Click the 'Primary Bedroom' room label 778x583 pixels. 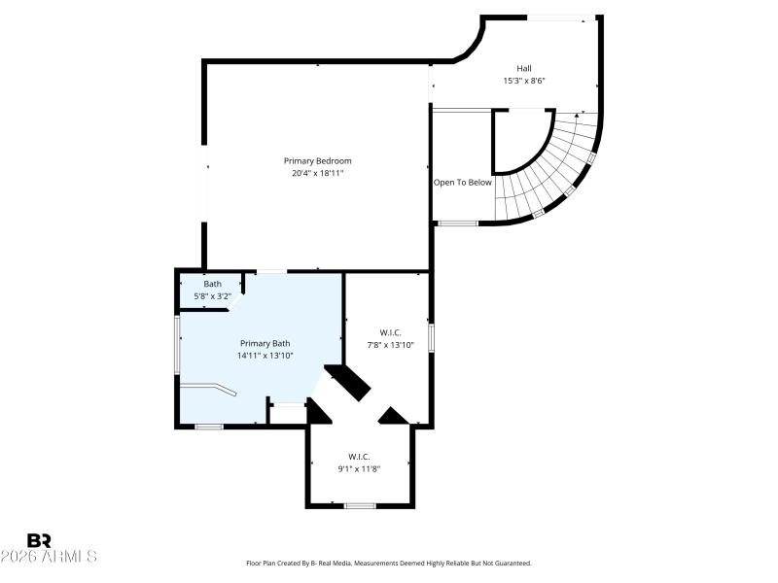pos(317,160)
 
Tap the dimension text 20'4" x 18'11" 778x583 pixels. pos(317,173)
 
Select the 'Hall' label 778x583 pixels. pos(523,68)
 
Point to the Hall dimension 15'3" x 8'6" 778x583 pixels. pos(523,81)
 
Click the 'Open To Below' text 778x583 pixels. pos(463,182)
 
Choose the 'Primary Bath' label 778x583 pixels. pos(265,343)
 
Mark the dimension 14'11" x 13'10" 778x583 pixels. pos(265,356)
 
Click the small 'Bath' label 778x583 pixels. pos(212,284)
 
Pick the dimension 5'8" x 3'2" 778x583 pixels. pos(212,295)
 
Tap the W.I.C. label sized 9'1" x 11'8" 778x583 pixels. pos(359,456)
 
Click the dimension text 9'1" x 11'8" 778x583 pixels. pos(359,467)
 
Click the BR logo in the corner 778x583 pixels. pos(39,540)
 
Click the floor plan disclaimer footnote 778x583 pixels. pos(388,563)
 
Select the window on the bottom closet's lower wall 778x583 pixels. pos(360,505)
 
